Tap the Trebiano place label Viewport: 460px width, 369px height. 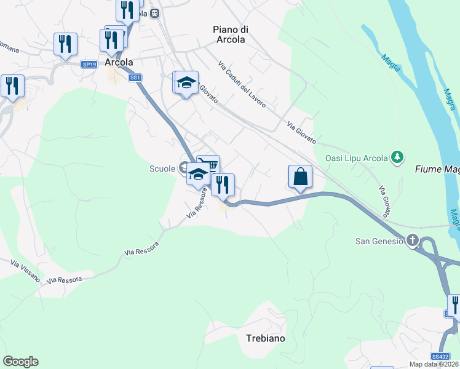point(266,338)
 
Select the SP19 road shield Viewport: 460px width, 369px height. point(89,64)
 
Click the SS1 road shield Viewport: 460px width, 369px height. point(135,77)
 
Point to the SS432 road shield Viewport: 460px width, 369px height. point(440,356)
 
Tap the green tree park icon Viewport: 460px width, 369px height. point(398,158)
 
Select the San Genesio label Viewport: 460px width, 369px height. point(379,240)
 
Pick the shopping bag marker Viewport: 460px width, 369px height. point(299,177)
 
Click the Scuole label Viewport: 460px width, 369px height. point(162,169)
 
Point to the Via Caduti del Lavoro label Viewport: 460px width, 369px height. point(242,84)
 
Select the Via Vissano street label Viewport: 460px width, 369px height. point(25,271)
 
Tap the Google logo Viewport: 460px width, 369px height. point(20,362)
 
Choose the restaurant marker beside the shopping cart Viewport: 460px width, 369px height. point(223,184)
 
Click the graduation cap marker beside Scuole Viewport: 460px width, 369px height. point(199,175)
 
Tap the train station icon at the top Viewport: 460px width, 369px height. point(155,12)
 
